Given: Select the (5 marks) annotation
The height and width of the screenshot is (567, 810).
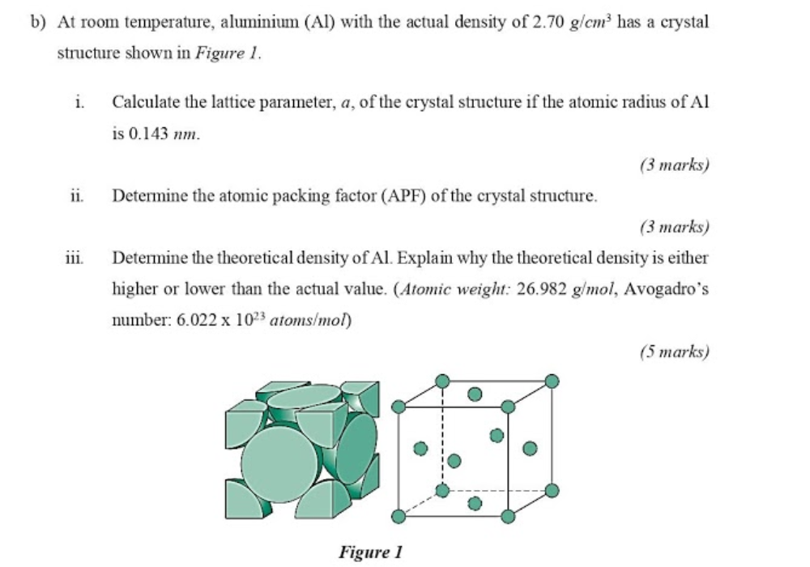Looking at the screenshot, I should [x=673, y=352].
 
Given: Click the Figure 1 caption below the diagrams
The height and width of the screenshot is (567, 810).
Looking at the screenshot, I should [x=370, y=552].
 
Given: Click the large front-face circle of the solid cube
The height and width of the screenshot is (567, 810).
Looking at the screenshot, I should [x=279, y=465].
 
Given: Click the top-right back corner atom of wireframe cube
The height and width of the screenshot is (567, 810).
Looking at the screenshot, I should [x=552, y=381].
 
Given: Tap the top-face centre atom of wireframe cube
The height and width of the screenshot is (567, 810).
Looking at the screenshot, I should [x=475, y=394].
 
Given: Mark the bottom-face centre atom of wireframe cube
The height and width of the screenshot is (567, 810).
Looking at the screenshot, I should [x=475, y=504].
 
